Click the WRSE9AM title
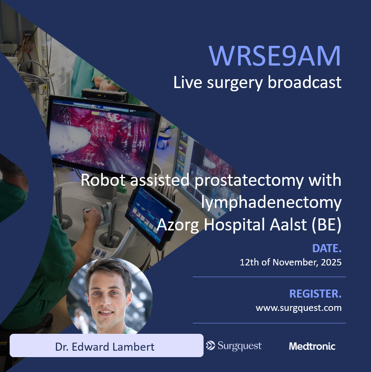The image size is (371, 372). (x=275, y=56)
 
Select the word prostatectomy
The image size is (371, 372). (x=247, y=181)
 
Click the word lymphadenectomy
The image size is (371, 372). (x=271, y=203)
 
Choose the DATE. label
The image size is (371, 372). (x=327, y=249)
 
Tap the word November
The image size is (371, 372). (x=292, y=263)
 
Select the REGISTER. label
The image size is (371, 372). (x=315, y=294)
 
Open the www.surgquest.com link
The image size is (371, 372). (x=298, y=308)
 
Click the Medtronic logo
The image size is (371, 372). (x=312, y=346)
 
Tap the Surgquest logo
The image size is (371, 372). (x=234, y=346)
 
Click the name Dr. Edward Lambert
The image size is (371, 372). (x=105, y=347)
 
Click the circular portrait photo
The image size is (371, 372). (x=109, y=296)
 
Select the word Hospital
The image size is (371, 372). (x=234, y=225)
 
